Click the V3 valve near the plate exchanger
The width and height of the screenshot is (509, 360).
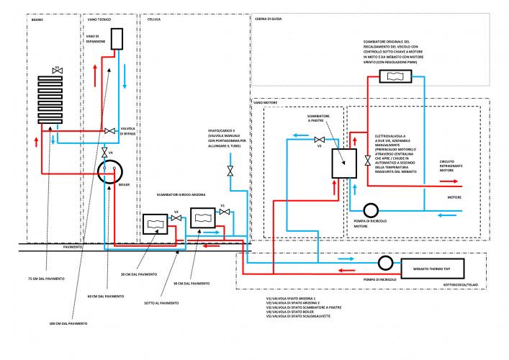(319, 139)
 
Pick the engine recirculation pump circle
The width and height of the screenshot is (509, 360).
(371, 210)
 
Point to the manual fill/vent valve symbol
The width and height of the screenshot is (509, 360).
(230, 171)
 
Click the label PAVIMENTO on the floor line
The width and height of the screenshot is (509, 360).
(73, 247)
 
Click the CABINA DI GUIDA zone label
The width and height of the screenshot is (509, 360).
(265, 19)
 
